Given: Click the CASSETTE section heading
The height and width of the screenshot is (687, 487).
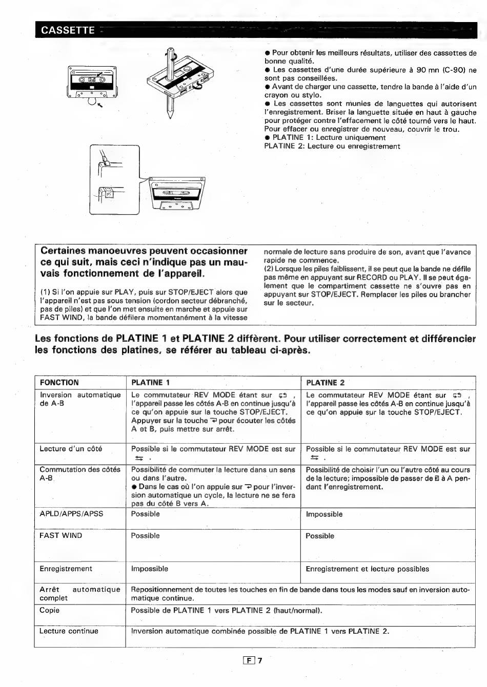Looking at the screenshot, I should (68, 30).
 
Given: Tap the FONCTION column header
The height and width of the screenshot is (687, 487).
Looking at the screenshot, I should (59, 383).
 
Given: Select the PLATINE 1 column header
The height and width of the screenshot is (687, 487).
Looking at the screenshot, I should (150, 383).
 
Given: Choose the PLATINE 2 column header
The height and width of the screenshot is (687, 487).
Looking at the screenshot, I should (325, 383).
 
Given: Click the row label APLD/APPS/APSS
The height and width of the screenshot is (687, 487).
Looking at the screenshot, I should (71, 514).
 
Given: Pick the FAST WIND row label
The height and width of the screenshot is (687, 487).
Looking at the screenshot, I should (60, 535).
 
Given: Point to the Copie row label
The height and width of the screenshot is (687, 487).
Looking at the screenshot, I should (50, 610).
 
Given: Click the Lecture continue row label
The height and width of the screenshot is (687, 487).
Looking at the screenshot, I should (69, 631).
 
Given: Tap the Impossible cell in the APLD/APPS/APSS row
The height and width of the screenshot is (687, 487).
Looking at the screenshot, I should (324, 514).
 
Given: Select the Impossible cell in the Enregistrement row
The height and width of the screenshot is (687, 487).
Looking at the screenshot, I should (149, 569).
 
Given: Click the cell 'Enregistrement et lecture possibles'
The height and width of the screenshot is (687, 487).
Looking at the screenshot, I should (367, 569).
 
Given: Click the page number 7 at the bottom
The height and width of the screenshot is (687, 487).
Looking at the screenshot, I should (260, 661).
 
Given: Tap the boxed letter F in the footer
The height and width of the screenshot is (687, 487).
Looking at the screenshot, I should (250, 661).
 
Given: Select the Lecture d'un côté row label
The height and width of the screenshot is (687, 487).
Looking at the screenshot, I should (71, 449).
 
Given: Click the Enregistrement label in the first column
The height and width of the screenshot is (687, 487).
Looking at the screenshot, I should (66, 569).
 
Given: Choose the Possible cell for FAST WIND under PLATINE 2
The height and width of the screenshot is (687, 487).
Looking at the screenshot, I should (319, 536).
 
